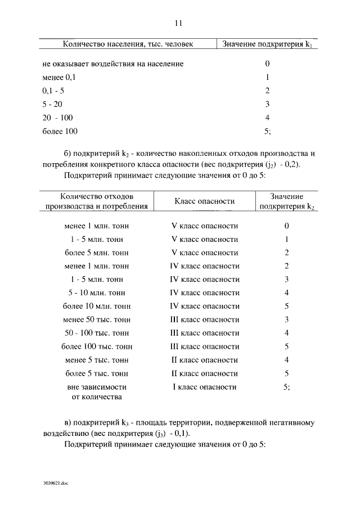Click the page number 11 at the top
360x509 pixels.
tap(178, 23)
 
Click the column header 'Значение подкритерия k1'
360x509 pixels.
tap(267, 44)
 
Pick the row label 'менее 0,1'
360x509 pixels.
tap(55, 78)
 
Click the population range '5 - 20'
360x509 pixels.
tap(52, 104)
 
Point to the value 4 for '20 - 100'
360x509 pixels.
tap(267, 118)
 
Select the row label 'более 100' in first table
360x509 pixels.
tap(60, 131)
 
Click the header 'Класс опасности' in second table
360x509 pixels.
tap(204, 201)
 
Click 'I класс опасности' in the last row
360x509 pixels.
tap(204, 387)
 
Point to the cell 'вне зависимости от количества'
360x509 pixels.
tap(96, 392)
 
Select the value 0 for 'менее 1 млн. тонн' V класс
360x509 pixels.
tap(286, 226)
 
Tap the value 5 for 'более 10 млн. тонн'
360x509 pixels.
tap(286, 306)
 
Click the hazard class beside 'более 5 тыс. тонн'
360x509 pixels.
tap(204, 373)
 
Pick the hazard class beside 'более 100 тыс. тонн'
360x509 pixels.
tap(204, 346)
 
